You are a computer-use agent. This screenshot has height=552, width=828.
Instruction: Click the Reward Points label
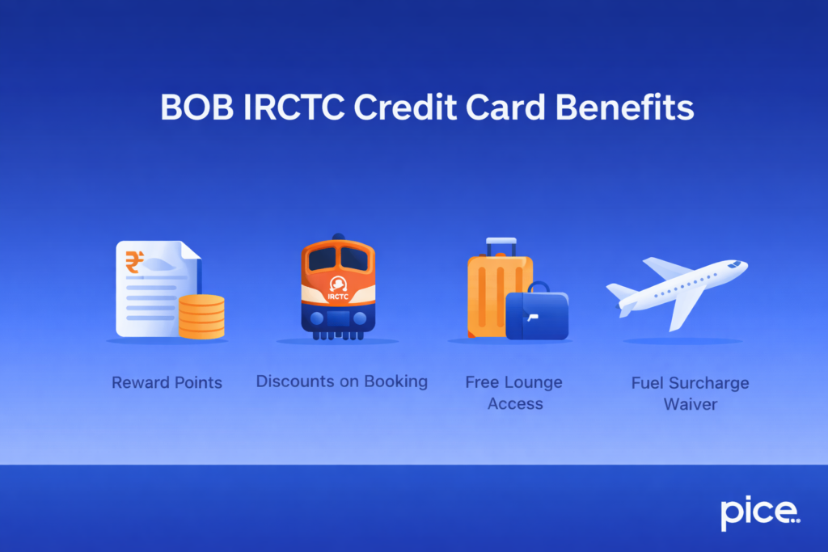point(167,382)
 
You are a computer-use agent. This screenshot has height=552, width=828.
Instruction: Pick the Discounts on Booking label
point(341,381)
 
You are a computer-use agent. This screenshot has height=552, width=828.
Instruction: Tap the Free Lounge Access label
point(514,392)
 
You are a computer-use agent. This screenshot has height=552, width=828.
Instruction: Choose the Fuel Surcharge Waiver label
point(690,392)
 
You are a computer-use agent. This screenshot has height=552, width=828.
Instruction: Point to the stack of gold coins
point(201,317)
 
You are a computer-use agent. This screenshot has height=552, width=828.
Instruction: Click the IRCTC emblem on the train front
point(337,284)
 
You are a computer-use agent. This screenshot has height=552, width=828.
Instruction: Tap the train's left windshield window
point(321,259)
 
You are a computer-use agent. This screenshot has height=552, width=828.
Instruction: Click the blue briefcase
point(537,315)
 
